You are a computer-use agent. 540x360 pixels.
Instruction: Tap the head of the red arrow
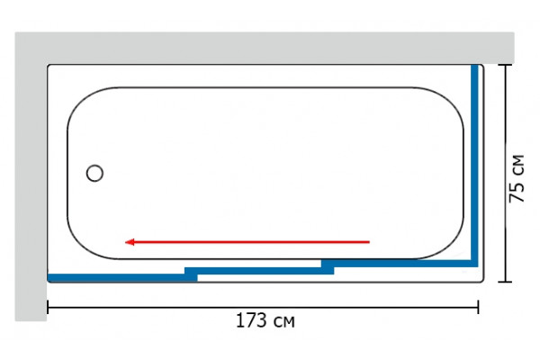(125, 242)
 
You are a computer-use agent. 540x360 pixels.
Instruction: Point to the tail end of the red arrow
(369, 242)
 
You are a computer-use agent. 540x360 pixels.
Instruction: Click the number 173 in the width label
(251, 320)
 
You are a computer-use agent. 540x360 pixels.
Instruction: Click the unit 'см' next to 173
(284, 322)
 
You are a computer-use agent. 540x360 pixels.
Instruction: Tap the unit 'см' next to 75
(518, 166)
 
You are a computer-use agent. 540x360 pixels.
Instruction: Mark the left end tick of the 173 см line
(48, 307)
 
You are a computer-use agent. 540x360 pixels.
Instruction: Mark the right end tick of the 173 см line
(478, 307)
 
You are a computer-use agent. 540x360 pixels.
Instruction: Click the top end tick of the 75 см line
(505, 65)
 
